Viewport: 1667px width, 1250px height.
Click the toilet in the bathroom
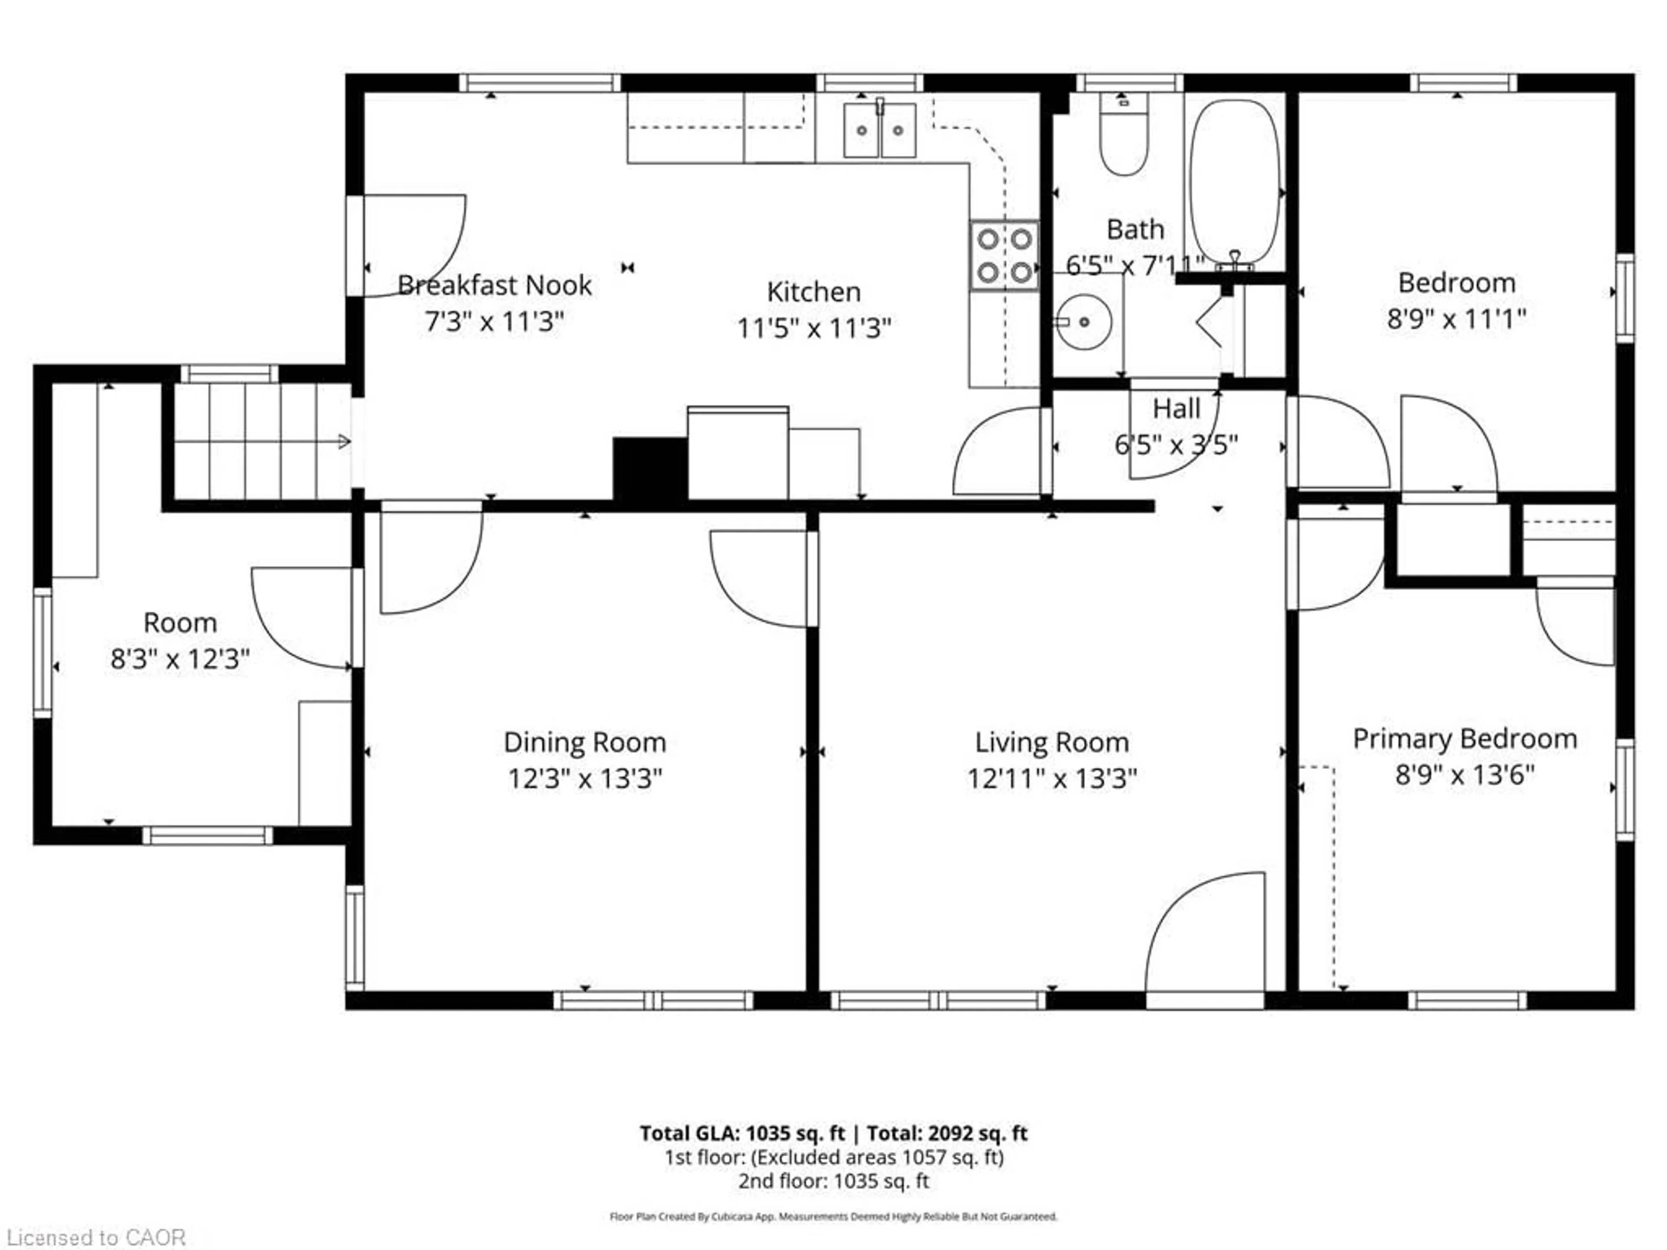pos(1123,135)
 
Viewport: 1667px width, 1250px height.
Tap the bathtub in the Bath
pos(1235,181)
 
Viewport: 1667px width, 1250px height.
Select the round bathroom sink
pos(1082,322)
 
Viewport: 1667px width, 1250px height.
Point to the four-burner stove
pos(1004,255)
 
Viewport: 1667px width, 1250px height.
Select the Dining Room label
pos(585,742)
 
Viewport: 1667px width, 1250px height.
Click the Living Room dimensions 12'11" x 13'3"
pos(1052,778)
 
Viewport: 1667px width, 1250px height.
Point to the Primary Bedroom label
pos(1464,738)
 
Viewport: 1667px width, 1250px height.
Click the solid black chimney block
pos(649,469)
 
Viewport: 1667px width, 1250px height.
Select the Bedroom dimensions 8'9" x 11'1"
pos(1456,319)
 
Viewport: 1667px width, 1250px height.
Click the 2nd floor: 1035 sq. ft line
pos(833,1181)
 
